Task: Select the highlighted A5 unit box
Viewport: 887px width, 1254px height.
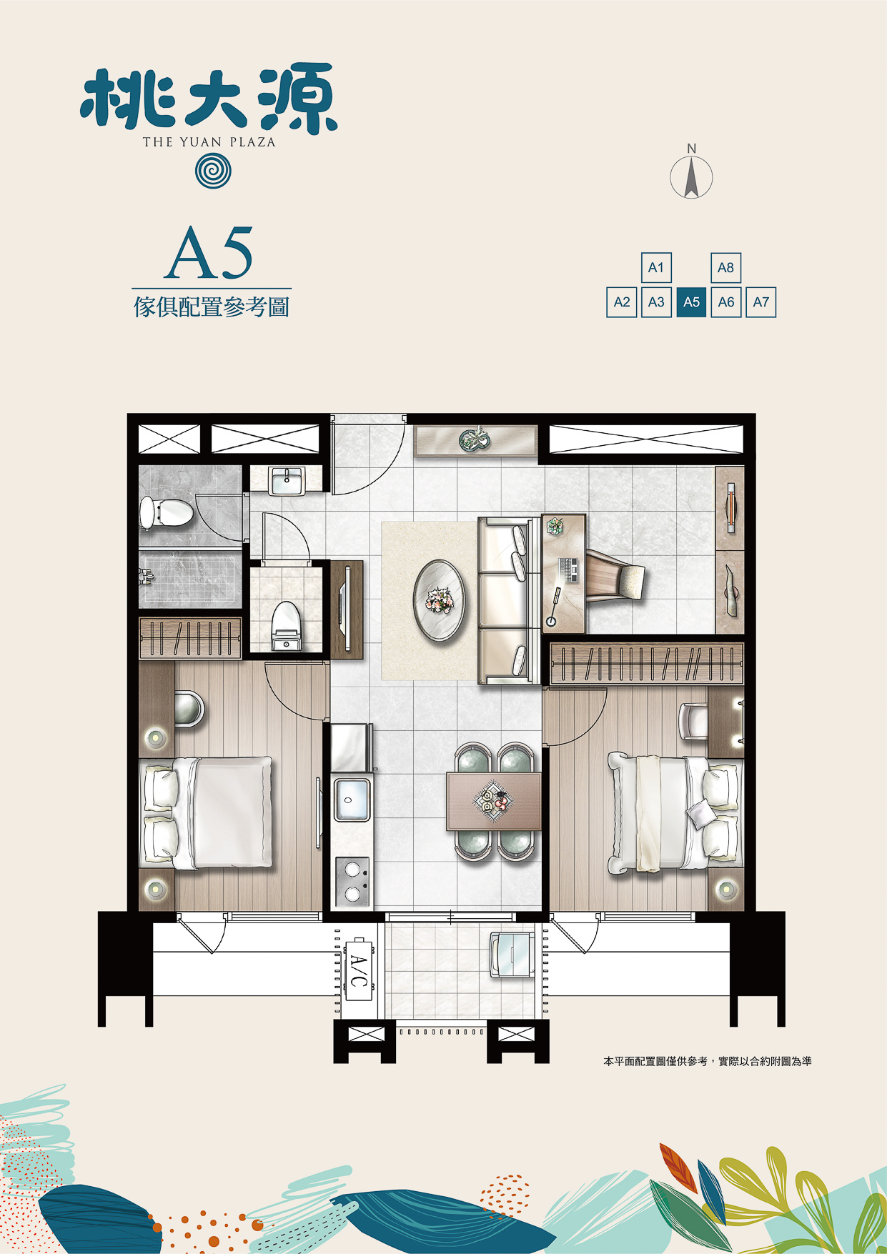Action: (x=691, y=302)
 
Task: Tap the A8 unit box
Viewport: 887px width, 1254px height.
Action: (x=725, y=268)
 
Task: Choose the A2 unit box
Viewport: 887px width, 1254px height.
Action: (x=622, y=302)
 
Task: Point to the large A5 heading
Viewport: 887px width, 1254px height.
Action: (x=209, y=253)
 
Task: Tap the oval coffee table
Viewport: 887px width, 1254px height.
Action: (x=440, y=601)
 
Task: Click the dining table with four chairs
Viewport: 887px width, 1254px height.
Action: (x=493, y=801)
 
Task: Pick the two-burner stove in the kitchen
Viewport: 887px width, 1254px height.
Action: (x=352, y=882)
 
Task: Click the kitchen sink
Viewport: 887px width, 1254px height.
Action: (x=352, y=800)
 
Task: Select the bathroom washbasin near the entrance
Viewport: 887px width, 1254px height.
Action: (x=287, y=479)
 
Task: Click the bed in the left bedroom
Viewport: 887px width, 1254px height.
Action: (x=208, y=813)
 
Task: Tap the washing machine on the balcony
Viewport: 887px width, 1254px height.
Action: (x=511, y=953)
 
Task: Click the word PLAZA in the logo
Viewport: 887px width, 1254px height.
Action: (x=252, y=141)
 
